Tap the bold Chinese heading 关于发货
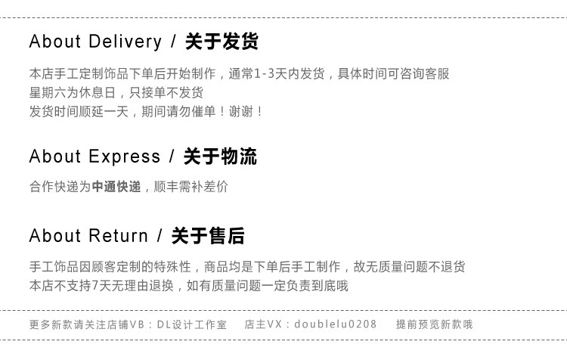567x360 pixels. (x=222, y=42)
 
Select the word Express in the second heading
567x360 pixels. (x=125, y=157)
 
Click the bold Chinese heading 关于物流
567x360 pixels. (x=220, y=157)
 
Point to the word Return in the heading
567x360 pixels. (x=119, y=236)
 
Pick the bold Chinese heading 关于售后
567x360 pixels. (x=208, y=236)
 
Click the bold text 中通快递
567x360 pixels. (x=116, y=187)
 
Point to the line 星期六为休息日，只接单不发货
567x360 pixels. (x=116, y=93)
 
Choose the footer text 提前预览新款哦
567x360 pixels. (x=435, y=324)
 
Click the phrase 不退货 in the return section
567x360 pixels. (x=448, y=267)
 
